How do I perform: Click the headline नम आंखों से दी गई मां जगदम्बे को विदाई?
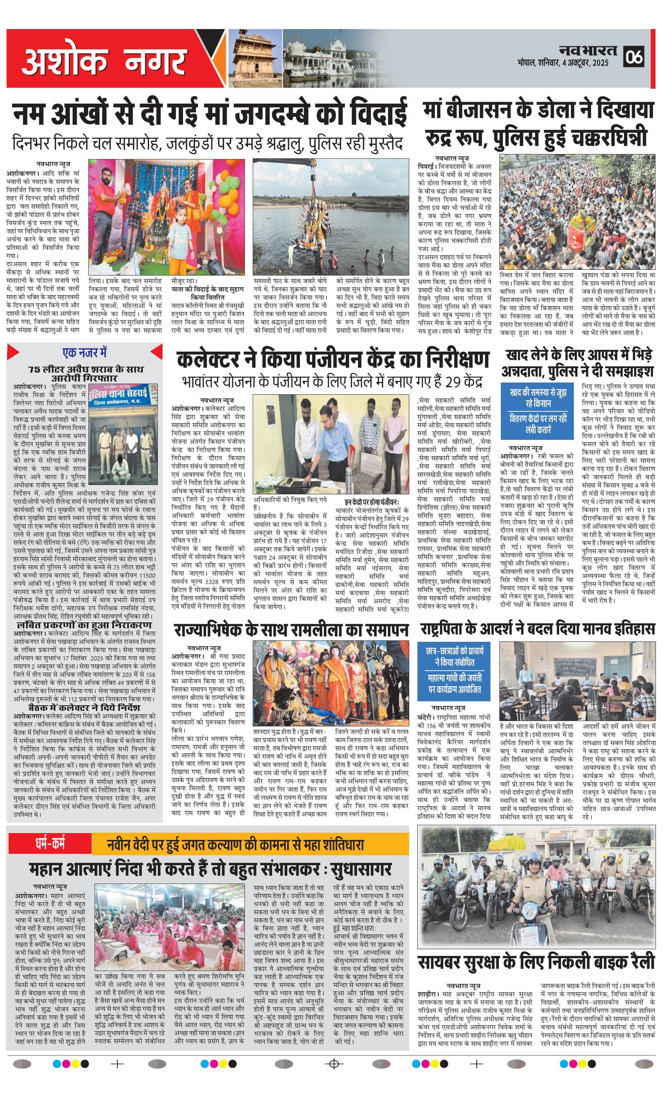click(x=210, y=114)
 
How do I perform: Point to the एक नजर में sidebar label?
click(x=85, y=353)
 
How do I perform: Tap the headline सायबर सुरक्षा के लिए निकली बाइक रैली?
click(x=536, y=961)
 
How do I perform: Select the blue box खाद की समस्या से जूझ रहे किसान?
click(x=538, y=398)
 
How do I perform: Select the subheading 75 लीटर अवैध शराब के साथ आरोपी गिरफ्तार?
click(x=85, y=373)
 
